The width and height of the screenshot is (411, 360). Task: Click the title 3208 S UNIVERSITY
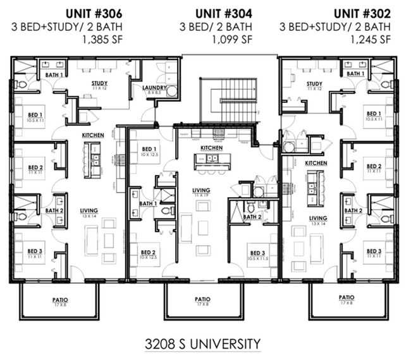coord(202,344)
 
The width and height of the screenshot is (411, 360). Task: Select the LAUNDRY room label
coord(154,88)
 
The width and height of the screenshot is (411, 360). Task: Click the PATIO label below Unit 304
coord(202,299)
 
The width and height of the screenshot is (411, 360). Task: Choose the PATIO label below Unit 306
coord(59,299)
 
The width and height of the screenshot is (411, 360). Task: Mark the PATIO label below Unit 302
coord(346,297)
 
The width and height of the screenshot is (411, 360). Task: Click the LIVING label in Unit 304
coord(202,190)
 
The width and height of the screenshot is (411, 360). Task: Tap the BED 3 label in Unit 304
coord(257,254)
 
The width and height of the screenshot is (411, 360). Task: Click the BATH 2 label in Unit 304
coord(252,217)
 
